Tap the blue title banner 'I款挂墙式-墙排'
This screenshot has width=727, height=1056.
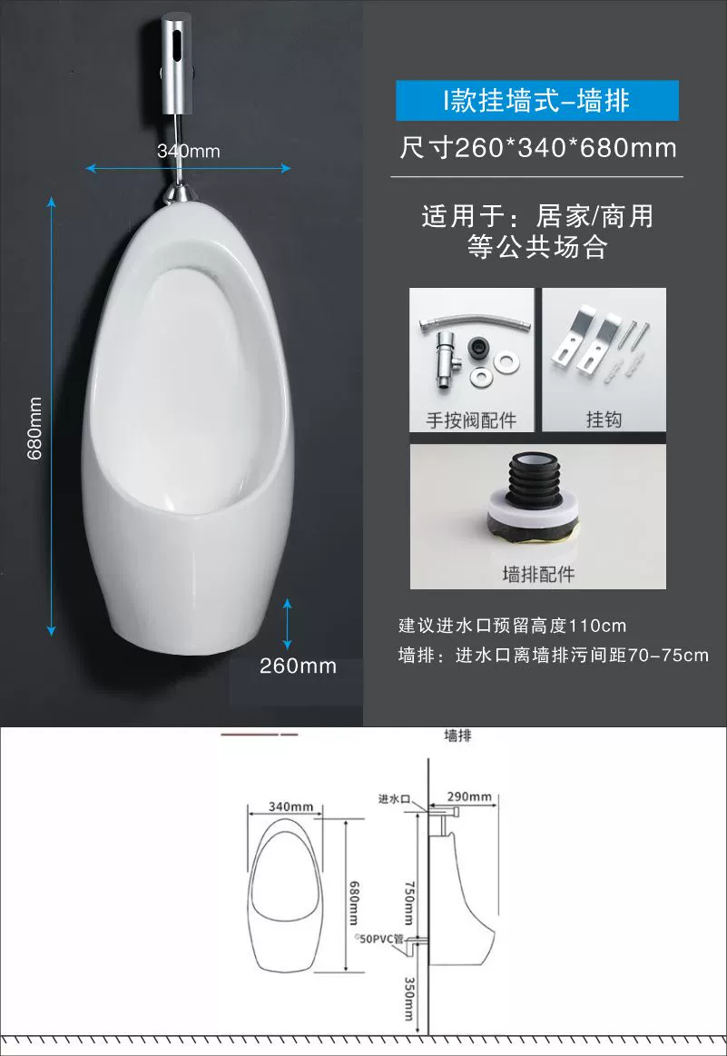tap(537, 101)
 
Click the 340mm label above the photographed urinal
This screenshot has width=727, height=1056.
tap(189, 151)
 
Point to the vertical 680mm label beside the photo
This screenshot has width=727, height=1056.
tap(34, 429)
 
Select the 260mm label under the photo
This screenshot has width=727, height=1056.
tap(299, 666)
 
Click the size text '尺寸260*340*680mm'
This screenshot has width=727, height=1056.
tap(538, 147)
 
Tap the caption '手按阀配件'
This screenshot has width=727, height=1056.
tap(471, 420)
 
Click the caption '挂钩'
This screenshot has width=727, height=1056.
tap(604, 419)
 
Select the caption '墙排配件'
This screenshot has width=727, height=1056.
tap(538, 575)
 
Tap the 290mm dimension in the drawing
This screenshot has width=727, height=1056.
tap(469, 796)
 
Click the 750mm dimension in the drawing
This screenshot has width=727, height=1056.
tap(409, 903)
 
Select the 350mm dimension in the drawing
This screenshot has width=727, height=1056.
tap(409, 999)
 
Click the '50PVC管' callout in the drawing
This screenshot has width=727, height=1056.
tap(379, 938)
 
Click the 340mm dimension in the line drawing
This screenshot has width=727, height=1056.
tap(290, 806)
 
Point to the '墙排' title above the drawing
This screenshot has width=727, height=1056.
tap(457, 735)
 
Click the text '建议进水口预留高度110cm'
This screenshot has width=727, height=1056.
tap(512, 626)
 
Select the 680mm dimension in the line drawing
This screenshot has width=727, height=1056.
tap(354, 903)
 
